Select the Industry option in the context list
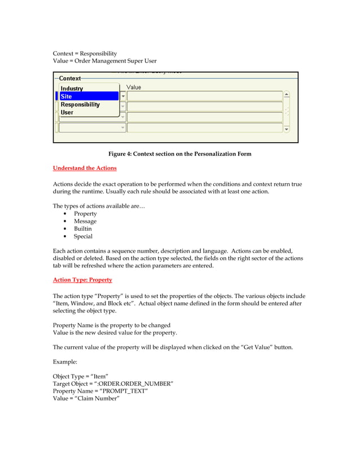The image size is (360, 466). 72,89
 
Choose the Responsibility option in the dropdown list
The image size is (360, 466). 80,104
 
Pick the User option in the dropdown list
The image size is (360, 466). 67,112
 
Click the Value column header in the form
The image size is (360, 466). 134,87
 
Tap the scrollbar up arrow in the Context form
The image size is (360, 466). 287,95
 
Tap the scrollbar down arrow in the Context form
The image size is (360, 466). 287,129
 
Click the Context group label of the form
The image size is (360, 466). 70,78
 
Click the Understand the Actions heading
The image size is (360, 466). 85,168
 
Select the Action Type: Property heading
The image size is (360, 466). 82,280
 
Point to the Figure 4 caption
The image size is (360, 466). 179,154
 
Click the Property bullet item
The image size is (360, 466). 85,214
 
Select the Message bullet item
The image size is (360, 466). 85,222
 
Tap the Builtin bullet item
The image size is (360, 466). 82,229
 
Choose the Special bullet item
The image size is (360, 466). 83,237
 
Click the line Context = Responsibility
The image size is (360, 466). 85,54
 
